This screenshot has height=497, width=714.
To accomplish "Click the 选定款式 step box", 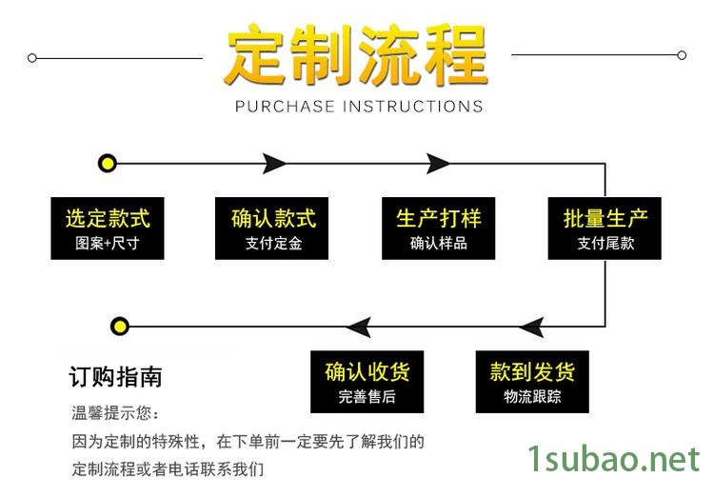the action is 108,229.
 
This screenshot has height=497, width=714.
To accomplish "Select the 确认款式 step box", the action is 272,229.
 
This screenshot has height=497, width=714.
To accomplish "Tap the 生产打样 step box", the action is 439,229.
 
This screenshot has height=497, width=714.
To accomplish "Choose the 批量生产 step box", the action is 605,229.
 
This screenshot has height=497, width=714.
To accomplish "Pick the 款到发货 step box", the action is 532,382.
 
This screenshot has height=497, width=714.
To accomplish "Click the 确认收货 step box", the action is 367,382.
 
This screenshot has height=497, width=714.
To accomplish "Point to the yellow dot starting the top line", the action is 108,163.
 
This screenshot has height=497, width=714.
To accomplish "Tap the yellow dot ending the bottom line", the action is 120,327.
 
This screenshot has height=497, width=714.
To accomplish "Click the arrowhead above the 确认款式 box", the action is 274,163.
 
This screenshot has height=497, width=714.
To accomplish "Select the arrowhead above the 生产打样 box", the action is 438,163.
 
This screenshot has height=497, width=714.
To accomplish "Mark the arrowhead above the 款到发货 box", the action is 532,327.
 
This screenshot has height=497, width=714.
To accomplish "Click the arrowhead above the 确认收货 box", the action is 359,327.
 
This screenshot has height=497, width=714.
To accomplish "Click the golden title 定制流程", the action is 356,55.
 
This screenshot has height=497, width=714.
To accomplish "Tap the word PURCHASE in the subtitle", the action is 285,106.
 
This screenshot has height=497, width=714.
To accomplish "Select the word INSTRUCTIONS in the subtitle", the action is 412,106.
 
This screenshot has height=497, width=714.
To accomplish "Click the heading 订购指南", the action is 115,377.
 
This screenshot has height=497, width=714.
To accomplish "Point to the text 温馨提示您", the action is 111,412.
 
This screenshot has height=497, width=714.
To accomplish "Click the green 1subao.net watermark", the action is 613,458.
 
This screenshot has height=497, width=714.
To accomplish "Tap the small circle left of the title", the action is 31,58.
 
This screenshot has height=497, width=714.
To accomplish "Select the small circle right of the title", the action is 682,55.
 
